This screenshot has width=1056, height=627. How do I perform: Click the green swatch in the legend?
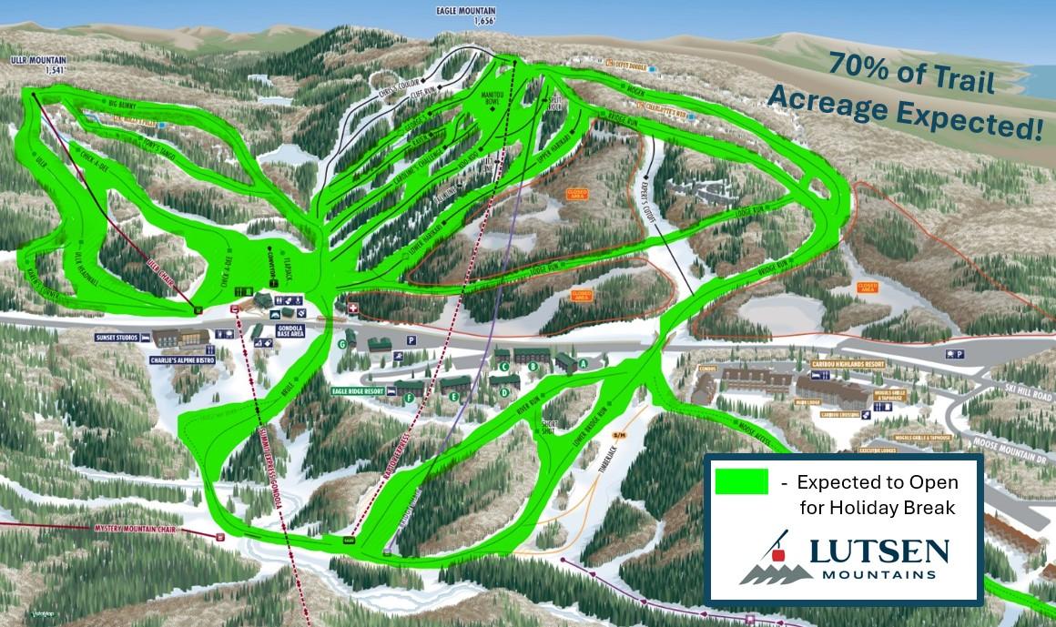(x=741, y=481)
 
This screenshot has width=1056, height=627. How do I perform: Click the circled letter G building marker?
(x=343, y=344)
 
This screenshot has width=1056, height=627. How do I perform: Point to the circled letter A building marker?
(x=584, y=362)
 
